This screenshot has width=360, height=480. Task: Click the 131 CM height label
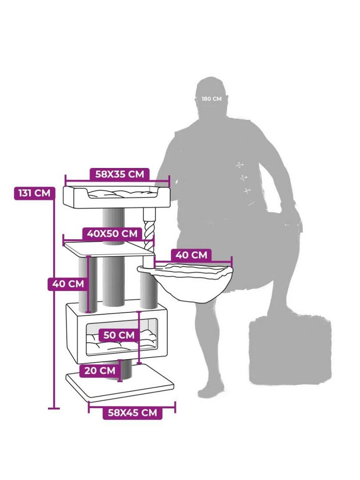35,193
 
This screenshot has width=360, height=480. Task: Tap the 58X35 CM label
120,174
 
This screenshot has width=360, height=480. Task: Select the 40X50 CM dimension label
112,234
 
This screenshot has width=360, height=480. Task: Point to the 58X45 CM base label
132,412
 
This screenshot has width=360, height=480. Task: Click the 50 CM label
119,335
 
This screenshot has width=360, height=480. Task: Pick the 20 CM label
100,370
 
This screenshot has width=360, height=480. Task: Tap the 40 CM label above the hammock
191,255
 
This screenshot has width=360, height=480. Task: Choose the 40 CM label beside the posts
68,284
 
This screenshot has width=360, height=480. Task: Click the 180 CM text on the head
212,99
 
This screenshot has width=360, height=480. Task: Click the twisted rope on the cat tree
149,233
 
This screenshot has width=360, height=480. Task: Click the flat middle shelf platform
109,248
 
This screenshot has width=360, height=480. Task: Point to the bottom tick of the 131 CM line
54,408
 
